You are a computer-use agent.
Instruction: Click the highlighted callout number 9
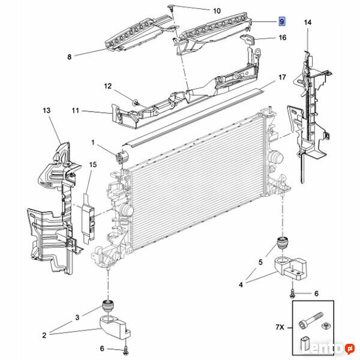click(x=281, y=21)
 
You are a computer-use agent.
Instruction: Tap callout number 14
click(x=308, y=23)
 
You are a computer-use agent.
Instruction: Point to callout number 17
click(x=282, y=78)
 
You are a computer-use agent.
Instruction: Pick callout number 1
click(x=94, y=142)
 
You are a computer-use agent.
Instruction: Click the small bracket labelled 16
click(x=247, y=41)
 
